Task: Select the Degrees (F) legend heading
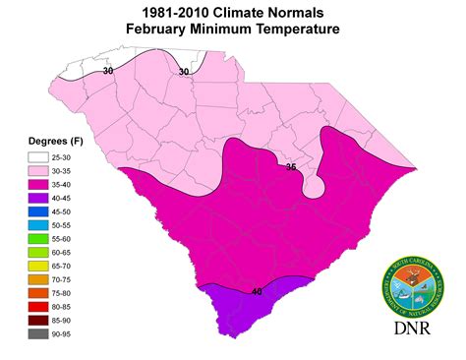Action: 44,139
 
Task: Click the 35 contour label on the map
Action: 290,167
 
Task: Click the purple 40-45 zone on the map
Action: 236,310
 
